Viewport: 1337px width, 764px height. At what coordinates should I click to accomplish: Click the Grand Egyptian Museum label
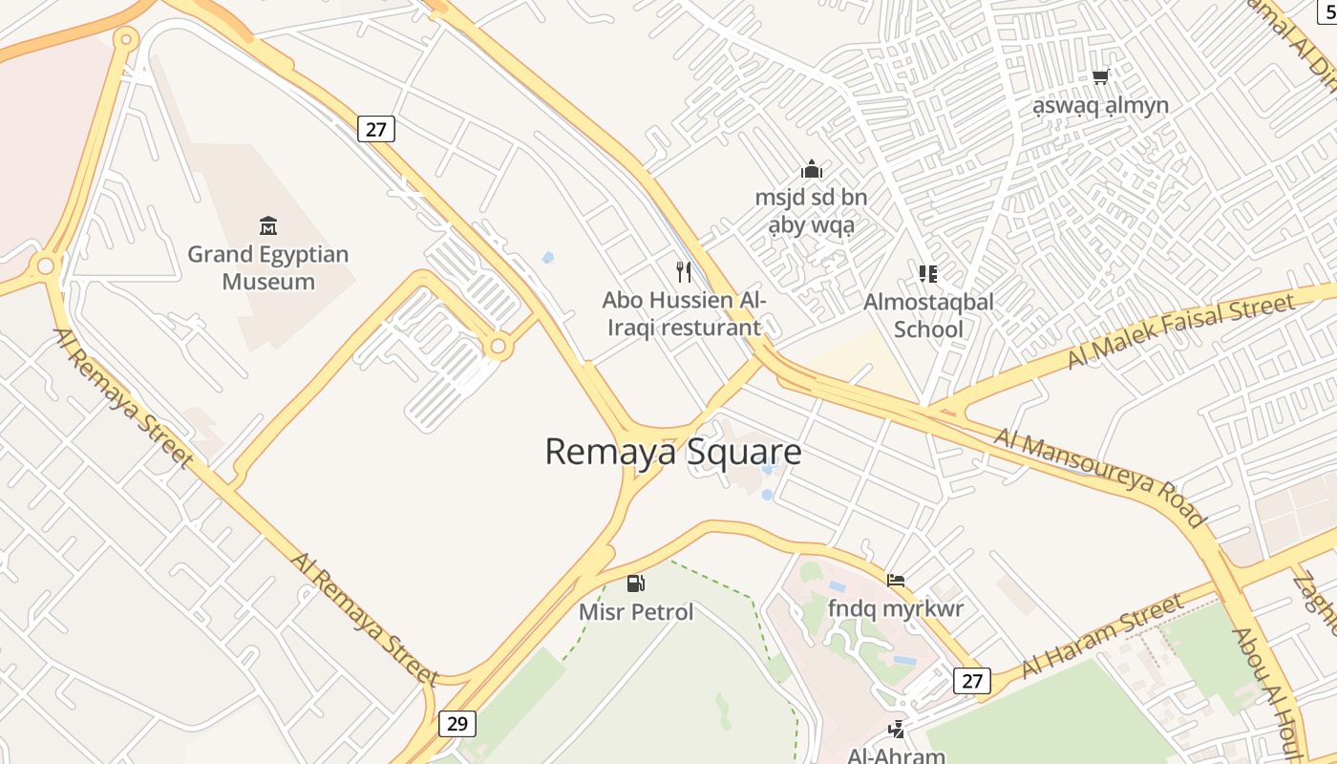[268, 267]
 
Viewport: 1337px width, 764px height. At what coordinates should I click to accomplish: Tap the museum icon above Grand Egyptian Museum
[268, 226]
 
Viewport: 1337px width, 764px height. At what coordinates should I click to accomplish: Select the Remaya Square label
[672, 452]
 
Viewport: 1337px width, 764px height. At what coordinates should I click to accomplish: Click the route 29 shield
[457, 723]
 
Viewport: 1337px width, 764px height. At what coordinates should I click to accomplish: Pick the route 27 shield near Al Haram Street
[971, 681]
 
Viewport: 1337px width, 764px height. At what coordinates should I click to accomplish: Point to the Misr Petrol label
[636, 611]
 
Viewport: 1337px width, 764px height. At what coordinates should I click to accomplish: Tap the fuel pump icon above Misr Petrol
[635, 583]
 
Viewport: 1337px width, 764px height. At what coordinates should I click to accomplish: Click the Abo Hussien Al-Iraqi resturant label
[684, 313]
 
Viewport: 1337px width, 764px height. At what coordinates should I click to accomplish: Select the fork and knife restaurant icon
[684, 272]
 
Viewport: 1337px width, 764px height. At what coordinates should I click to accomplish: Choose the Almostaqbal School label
[928, 315]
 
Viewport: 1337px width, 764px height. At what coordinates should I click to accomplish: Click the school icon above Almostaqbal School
[928, 274]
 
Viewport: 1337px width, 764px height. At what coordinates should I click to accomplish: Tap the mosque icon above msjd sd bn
[812, 170]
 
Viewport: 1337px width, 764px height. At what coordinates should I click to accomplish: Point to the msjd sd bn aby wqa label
[812, 211]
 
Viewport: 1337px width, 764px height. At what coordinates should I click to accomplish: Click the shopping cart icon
[1101, 76]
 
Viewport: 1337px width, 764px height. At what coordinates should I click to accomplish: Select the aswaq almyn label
[1101, 105]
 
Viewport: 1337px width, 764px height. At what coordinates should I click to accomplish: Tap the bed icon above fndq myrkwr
[896, 580]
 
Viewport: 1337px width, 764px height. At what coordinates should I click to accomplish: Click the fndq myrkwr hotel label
[896, 608]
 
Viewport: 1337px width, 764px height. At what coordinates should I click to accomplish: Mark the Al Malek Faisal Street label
[1181, 331]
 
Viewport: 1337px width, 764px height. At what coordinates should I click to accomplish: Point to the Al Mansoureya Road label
[1098, 477]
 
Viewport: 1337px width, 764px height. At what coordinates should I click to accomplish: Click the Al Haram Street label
[1103, 636]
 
